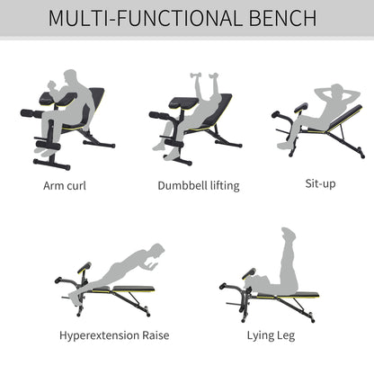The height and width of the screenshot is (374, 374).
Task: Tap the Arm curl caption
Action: (x=65, y=186)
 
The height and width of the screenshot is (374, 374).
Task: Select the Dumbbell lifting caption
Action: (x=186, y=186)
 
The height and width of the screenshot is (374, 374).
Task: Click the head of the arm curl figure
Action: (x=73, y=75)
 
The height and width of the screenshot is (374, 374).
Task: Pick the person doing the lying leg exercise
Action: (x=280, y=270)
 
